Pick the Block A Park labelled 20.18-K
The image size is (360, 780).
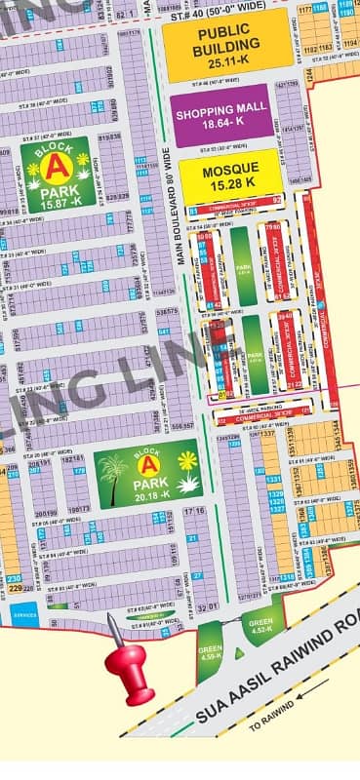pyautogui.click(x=149, y=476)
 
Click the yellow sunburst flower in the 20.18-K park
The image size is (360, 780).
pyautogui.click(x=186, y=460)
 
